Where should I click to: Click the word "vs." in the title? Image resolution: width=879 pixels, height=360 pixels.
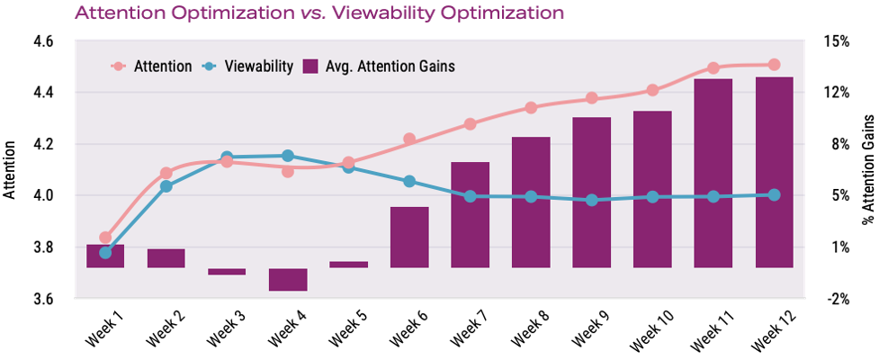(x=310, y=13)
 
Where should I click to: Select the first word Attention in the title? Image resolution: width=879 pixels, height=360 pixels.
(x=116, y=13)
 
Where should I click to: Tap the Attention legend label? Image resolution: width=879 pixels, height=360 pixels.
(x=163, y=67)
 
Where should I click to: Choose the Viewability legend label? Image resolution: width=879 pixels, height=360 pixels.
(x=259, y=67)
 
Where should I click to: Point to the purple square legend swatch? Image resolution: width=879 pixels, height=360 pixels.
(x=311, y=67)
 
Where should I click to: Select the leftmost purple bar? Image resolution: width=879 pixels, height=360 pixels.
(x=105, y=256)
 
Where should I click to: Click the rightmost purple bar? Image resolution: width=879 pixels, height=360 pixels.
(x=774, y=173)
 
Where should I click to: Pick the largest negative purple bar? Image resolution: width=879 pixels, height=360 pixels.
(x=288, y=279)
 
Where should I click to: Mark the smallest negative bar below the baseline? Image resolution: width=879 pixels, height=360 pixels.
(x=227, y=271)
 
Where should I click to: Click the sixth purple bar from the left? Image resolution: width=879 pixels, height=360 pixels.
(x=409, y=237)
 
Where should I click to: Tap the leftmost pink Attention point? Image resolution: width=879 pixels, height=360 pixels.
(x=105, y=238)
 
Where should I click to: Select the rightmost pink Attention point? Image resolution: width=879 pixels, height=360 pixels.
(x=774, y=65)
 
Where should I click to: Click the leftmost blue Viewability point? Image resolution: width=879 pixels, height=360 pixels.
(x=105, y=253)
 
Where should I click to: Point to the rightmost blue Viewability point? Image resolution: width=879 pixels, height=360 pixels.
(x=774, y=194)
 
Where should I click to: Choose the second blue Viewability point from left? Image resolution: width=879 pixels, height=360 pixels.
(x=166, y=186)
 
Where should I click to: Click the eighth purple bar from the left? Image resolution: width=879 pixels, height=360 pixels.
(x=531, y=202)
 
